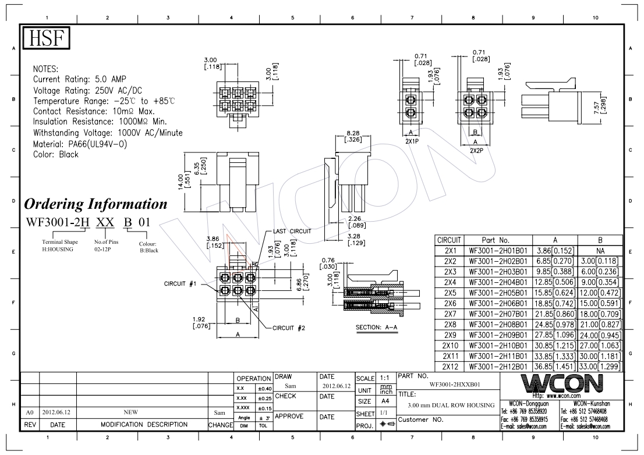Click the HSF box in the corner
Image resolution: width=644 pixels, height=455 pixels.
coord(46,38)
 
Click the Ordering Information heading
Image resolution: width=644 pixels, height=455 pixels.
coord(95,204)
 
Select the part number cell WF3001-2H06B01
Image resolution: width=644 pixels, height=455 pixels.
coord(498,304)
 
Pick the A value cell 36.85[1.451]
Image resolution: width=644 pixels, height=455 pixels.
coord(555,367)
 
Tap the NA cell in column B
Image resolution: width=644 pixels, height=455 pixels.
coord(600,251)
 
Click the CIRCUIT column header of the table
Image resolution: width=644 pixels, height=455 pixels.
coord(450,240)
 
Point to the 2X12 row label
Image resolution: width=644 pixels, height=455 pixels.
coord(450,367)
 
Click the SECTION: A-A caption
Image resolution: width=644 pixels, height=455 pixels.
coord(376,328)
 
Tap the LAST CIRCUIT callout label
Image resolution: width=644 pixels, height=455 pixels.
coord(292,232)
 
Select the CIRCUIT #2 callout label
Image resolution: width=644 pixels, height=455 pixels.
coord(289,328)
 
